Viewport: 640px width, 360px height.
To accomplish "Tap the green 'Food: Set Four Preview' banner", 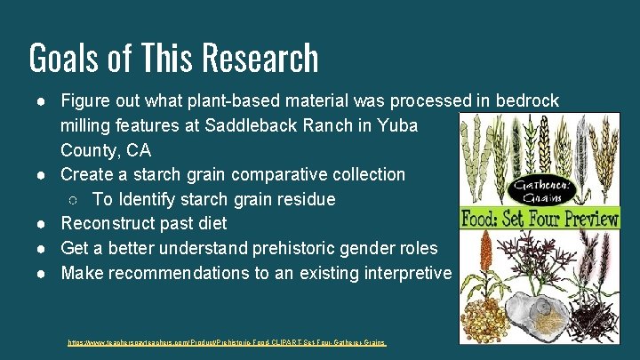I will pyautogui.click(x=540, y=218).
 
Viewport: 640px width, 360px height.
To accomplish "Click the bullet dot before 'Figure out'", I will pyautogui.click(x=43, y=102).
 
